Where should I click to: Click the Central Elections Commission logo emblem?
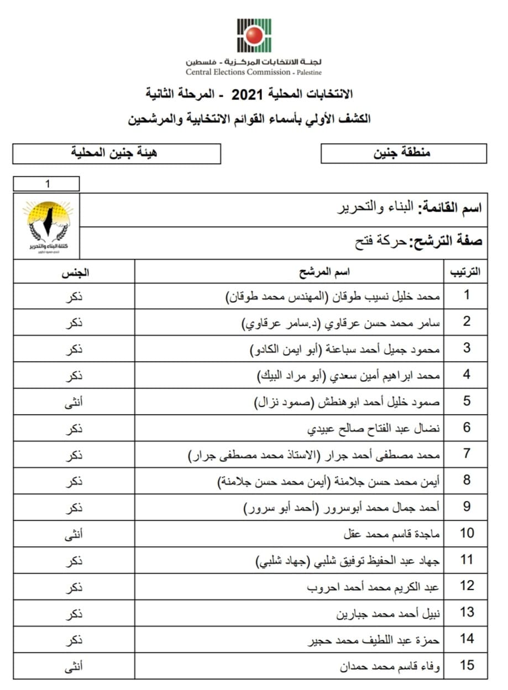pos(254,35)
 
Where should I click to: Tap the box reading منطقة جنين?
pos(404,153)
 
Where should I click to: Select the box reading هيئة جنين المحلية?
pos(116,153)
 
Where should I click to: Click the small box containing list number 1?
pos(46,184)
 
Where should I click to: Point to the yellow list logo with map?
pos(46,226)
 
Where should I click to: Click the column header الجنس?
pos(74,272)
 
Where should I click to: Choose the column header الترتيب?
pos(466,272)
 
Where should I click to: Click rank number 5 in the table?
pos(467,401)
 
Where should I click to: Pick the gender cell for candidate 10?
pos(74,534)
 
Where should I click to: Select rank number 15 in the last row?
pos(467,666)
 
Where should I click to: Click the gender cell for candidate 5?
pos(74,401)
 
